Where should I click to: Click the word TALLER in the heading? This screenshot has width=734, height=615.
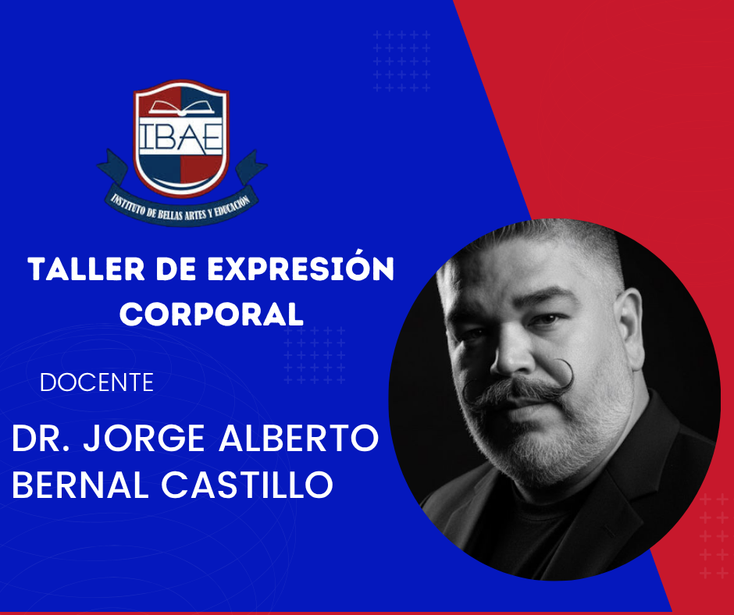86,269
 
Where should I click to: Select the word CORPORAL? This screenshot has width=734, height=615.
212,314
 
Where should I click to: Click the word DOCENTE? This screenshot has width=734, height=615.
97,382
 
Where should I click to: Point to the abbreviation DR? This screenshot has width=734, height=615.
41,438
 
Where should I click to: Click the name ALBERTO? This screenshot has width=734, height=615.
298,438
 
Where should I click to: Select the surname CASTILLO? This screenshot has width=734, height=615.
248,485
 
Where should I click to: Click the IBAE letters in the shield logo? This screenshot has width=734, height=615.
180,137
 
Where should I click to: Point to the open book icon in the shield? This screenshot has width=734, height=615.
181,108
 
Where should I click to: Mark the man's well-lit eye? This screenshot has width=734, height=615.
546,320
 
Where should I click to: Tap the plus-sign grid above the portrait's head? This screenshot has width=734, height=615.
401,61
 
